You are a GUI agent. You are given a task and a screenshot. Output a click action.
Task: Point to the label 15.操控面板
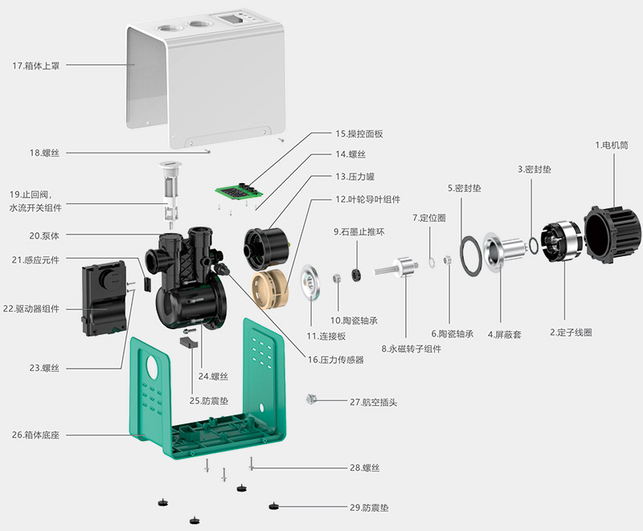click(359, 134)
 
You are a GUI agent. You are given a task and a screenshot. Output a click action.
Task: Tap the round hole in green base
click(152, 365)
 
